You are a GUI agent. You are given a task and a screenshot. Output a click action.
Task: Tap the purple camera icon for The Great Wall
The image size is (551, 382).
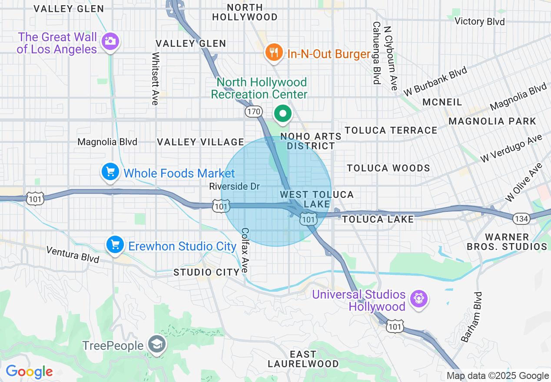click(110, 42)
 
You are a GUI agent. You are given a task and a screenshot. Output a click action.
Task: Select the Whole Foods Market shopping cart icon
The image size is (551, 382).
click(110, 172)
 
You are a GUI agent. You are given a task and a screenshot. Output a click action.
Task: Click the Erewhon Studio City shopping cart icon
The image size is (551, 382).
click(115, 245)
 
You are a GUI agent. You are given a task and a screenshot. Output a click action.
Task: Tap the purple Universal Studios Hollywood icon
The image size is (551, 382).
click(419, 299)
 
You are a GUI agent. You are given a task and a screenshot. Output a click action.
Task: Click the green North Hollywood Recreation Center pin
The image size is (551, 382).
click(283, 114)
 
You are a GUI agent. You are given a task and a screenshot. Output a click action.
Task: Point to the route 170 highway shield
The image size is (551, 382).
click(253, 112)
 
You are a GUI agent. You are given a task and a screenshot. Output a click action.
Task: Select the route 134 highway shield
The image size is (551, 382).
click(521, 219)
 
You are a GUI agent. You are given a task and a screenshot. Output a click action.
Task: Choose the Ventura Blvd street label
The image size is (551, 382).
click(73, 254)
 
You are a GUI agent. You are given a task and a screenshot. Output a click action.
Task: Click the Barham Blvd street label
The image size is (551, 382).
click(471, 317)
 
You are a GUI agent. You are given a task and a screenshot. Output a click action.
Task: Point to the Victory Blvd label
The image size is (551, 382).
click(479, 21)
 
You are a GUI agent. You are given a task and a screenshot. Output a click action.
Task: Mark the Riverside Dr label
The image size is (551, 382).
click(234, 186)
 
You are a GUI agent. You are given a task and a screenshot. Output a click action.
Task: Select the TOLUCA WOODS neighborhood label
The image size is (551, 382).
click(388, 168)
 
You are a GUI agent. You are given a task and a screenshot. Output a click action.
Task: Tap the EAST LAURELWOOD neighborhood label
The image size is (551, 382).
click(303, 359)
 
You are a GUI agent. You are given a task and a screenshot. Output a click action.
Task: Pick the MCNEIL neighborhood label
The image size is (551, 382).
click(442, 102)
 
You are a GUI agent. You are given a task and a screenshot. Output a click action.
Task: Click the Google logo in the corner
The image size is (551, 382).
click(29, 372)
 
